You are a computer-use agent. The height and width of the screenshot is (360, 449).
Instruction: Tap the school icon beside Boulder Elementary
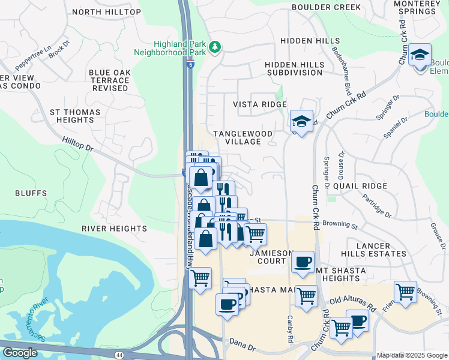(x=420, y=54)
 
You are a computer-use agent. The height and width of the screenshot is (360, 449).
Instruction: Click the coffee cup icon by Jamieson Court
(x=303, y=262)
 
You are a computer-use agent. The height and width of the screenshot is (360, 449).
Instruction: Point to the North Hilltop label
(x=106, y=12)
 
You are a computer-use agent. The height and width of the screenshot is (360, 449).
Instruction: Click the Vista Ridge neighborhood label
(x=260, y=104)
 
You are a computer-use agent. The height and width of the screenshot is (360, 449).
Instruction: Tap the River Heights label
(x=114, y=229)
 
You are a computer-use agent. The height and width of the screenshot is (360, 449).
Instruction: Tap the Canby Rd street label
(x=290, y=329)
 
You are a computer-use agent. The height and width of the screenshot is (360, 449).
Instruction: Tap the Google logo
(x=20, y=353)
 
